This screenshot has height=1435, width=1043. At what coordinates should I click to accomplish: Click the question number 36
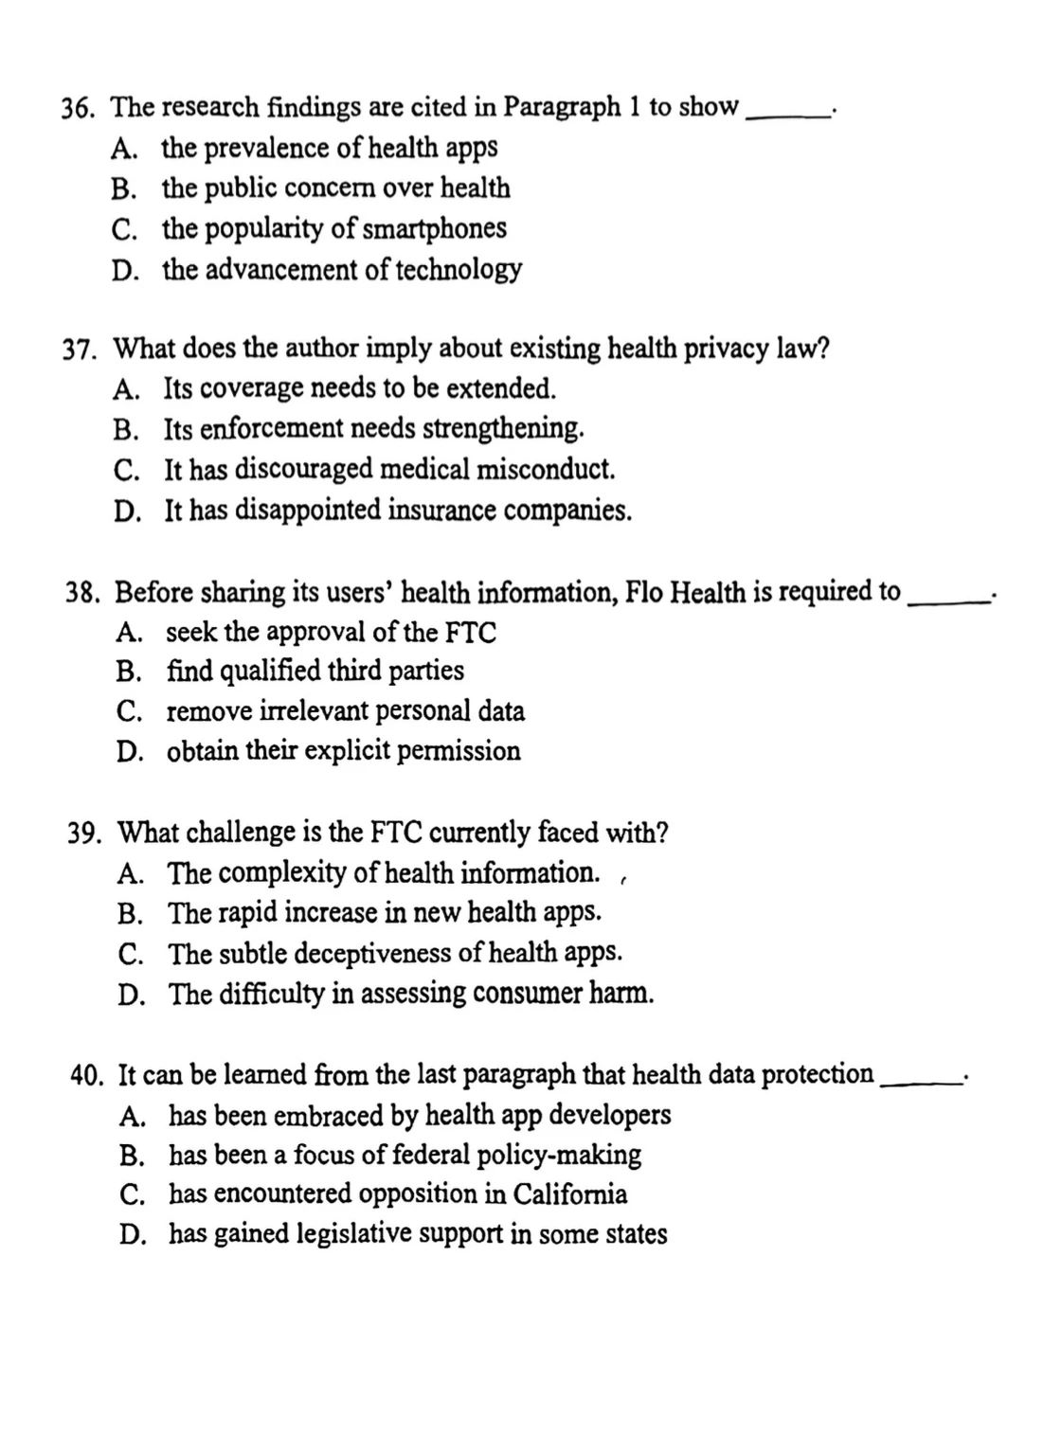tap(79, 109)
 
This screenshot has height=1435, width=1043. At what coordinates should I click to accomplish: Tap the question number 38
tap(83, 594)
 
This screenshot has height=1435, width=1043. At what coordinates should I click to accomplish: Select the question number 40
tap(86, 1076)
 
